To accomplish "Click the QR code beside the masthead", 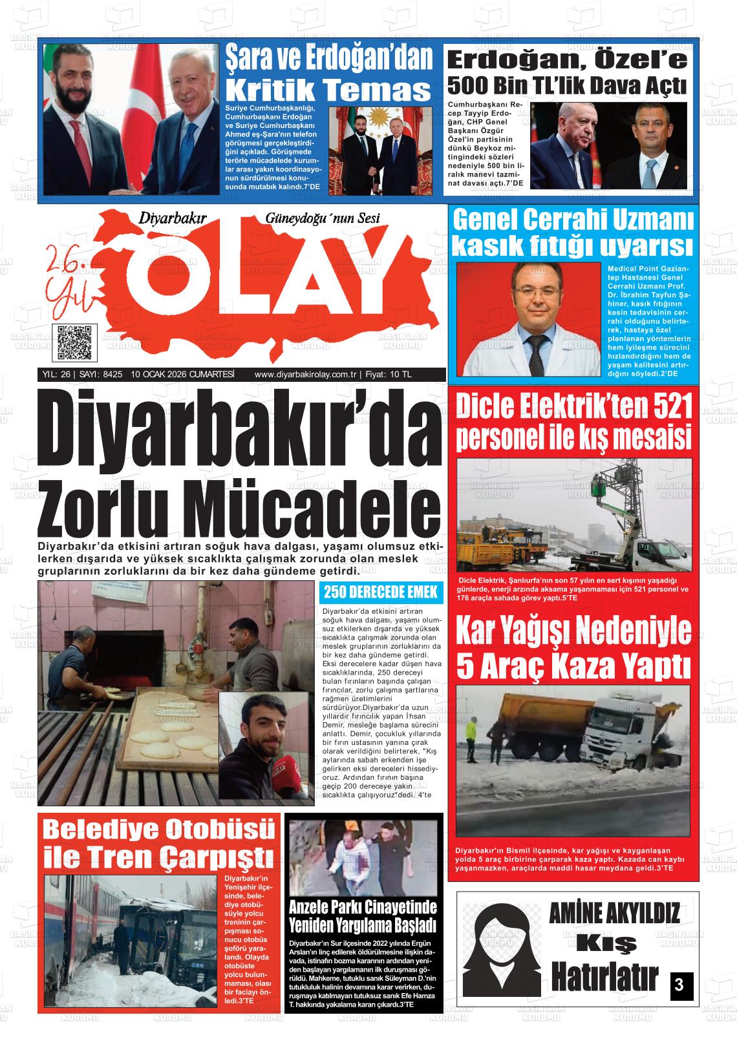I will [x=73, y=343].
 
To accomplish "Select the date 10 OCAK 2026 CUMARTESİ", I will [x=182, y=375].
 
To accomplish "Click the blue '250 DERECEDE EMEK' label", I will [x=380, y=592].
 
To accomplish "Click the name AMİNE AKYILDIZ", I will [x=614, y=914].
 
